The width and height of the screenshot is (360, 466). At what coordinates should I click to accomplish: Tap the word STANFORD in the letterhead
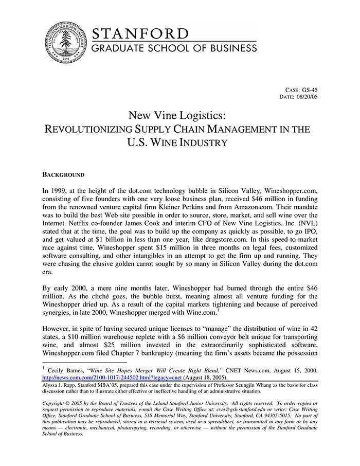[x=140, y=34]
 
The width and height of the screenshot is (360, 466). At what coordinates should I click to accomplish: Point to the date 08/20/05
[x=308, y=97]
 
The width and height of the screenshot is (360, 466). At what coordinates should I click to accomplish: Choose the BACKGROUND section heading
[x=63, y=175]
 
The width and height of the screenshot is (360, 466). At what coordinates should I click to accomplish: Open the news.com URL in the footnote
[x=112, y=377]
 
